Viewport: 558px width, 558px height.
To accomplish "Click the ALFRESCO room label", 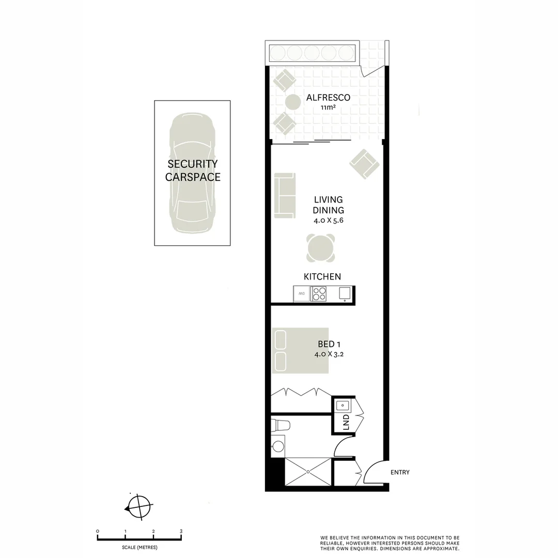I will coord(328,98).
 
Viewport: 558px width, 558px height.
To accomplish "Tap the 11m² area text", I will coord(328,108).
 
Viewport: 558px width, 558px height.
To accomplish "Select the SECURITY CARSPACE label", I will coord(192,171).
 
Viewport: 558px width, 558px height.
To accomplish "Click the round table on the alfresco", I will coord(293,102).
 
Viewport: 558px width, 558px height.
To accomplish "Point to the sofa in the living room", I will coord(284,195).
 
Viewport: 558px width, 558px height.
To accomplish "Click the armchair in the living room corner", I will coord(364,164).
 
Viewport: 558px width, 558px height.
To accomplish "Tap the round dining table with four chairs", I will coord(320,249).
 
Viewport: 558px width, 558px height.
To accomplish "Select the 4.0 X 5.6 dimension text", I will coord(328,220).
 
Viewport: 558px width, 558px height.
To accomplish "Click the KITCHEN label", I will coord(322,277).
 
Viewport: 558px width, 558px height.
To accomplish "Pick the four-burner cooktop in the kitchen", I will coord(319,293).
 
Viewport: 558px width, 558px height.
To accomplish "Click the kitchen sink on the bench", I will coord(345,293).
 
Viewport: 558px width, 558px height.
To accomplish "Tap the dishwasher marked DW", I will coord(301,294).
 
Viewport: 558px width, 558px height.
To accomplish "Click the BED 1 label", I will coord(329,344).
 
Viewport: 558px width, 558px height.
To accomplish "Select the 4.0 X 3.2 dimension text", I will coord(329,354).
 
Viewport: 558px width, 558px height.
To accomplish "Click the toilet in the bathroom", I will coord(281,425).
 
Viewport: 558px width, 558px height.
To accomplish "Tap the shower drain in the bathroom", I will coord(308,471).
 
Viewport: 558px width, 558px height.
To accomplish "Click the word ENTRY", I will coord(400,472).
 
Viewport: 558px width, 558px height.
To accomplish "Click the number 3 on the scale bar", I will coord(181,531).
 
